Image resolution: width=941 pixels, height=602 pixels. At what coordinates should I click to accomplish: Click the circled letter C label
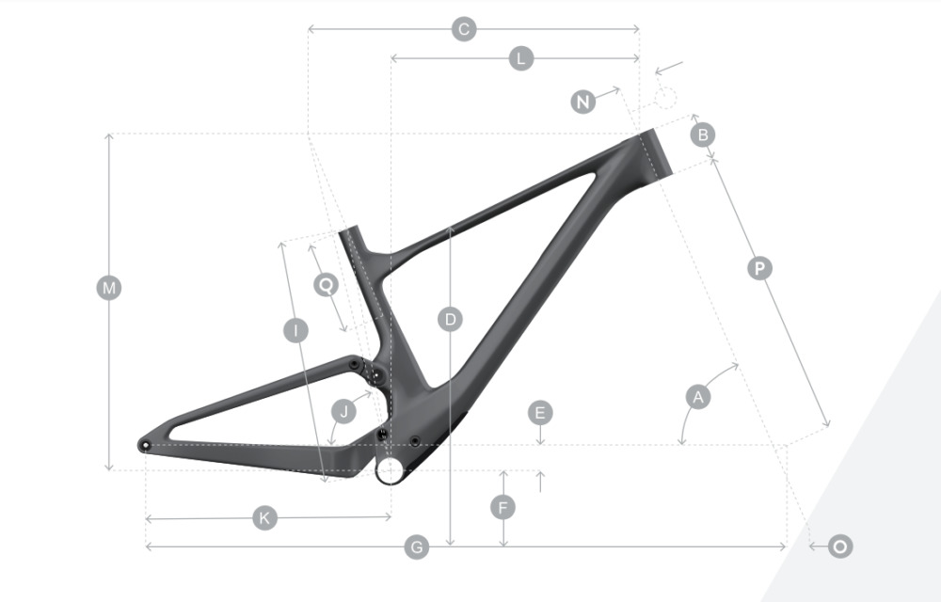464,29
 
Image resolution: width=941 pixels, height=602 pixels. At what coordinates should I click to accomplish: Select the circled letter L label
521,58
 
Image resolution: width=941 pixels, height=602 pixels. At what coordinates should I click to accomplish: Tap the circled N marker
582,102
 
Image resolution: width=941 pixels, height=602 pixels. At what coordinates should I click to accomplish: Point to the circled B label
703,135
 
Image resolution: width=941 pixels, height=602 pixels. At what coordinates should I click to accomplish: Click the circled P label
759,268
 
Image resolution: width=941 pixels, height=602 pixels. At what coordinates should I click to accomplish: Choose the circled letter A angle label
698,396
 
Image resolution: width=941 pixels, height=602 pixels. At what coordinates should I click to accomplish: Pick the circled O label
840,547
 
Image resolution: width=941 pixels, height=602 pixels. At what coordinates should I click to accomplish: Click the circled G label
417,547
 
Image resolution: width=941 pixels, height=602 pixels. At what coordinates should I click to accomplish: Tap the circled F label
502,508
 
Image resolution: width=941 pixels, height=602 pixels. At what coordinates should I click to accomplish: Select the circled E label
540,413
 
